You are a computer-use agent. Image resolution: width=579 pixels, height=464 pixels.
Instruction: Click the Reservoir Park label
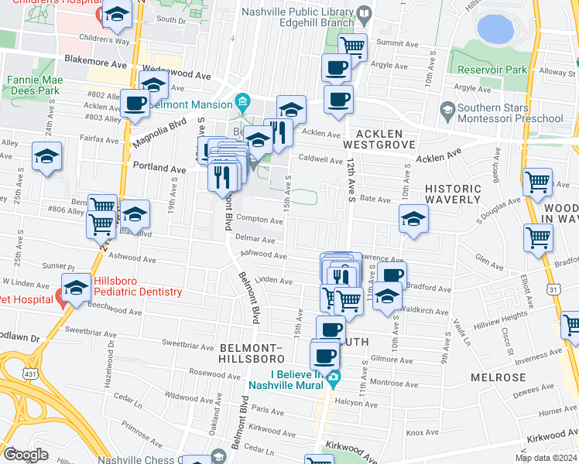pos(492,70)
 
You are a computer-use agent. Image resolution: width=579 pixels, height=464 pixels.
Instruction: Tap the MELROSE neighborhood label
pos(498,377)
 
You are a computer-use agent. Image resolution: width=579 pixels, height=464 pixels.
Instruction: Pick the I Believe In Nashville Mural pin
pos(334,379)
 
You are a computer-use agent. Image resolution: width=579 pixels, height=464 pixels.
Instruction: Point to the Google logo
pos(26,455)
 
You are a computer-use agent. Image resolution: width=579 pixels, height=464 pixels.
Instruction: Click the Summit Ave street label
pos(392,43)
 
